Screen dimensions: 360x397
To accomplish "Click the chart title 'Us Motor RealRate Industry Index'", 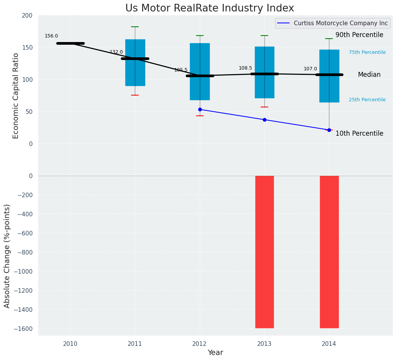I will (209, 8).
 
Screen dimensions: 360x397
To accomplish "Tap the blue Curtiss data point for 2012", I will (200, 109).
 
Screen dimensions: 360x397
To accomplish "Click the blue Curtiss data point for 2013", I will (264, 120).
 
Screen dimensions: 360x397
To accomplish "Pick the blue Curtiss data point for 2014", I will (329, 130).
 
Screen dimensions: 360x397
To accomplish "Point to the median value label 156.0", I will (51, 36).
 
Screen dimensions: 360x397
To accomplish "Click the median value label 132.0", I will (116, 52).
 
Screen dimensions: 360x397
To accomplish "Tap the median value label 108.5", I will (245, 68).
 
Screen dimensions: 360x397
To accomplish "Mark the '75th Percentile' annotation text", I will (367, 52).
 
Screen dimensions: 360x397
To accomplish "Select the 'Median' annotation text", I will (369, 75).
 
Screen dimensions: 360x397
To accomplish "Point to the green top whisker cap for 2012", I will (200, 36).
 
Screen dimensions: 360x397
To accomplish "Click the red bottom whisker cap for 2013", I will (264, 107).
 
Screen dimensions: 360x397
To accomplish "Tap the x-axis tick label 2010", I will (70, 344).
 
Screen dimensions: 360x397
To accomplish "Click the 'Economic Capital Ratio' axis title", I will (16, 96).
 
